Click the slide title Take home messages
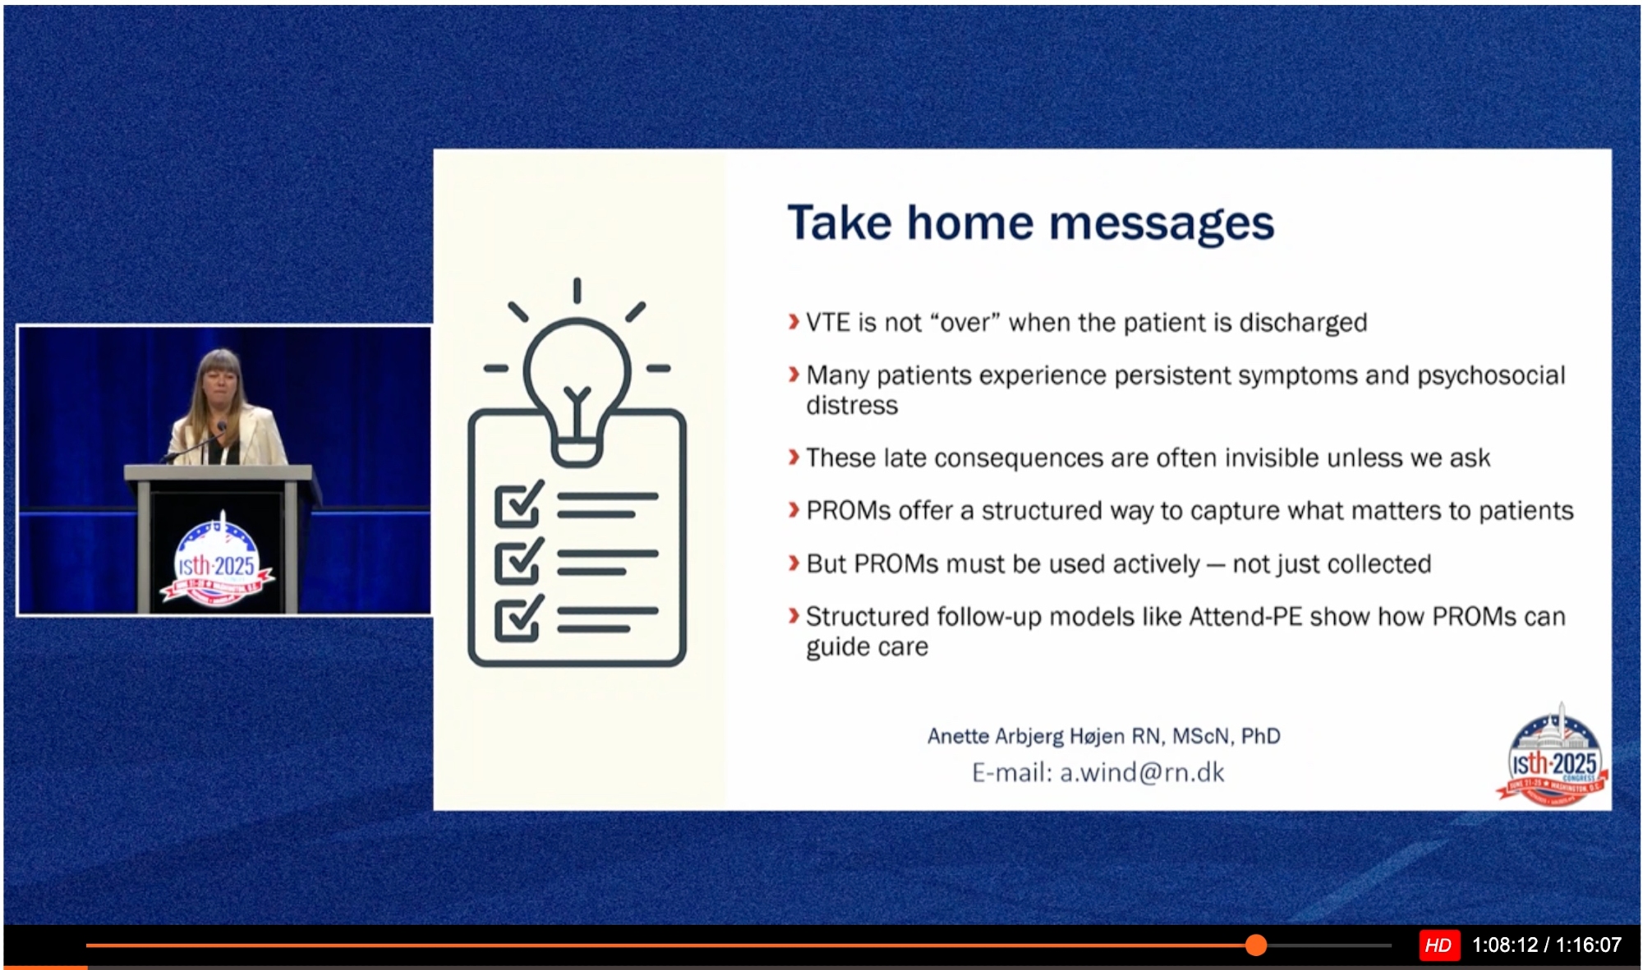1031,223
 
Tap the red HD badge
1438,945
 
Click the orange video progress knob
1256,945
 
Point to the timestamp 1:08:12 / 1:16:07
1547,945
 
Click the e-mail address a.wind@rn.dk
1142,773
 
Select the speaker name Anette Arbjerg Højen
1026,736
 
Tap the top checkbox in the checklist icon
518,503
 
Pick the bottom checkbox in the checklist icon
518,618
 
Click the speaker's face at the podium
220,383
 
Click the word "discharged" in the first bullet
1303,323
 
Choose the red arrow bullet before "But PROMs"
794,563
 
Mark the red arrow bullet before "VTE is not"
794,322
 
